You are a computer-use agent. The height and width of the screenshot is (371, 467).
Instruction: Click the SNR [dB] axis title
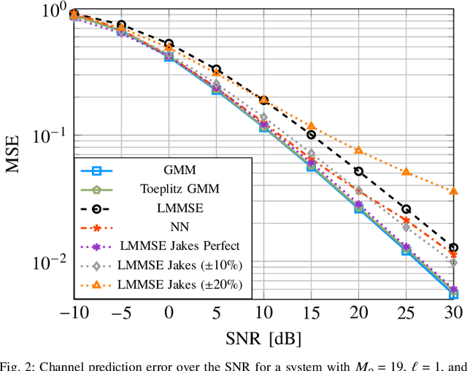pyautogui.click(x=263, y=338)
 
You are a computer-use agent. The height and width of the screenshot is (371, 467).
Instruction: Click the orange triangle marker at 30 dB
pyautogui.click(x=453, y=191)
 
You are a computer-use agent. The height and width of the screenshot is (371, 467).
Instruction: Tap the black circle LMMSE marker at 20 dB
pyautogui.click(x=358, y=172)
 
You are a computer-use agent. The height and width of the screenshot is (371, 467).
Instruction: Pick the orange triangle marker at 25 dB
pyautogui.click(x=406, y=172)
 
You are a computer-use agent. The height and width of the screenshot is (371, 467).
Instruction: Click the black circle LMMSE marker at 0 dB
pyautogui.click(x=169, y=44)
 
